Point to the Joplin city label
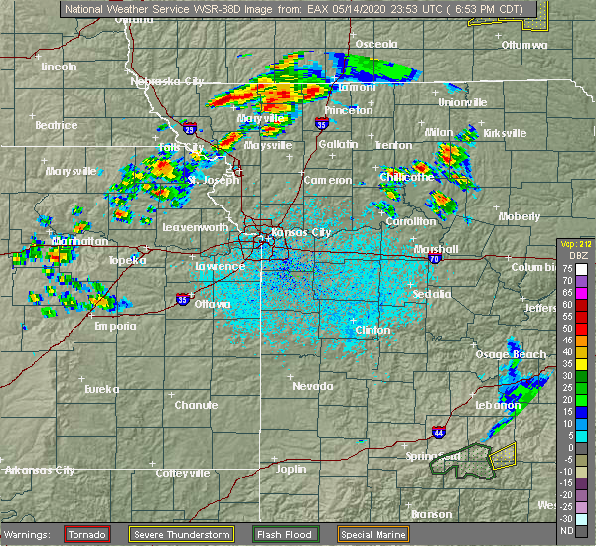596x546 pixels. (x=291, y=469)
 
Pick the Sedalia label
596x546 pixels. (x=432, y=294)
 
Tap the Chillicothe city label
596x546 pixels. (x=407, y=177)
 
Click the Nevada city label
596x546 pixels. (x=312, y=385)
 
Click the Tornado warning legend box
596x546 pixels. (x=87, y=534)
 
